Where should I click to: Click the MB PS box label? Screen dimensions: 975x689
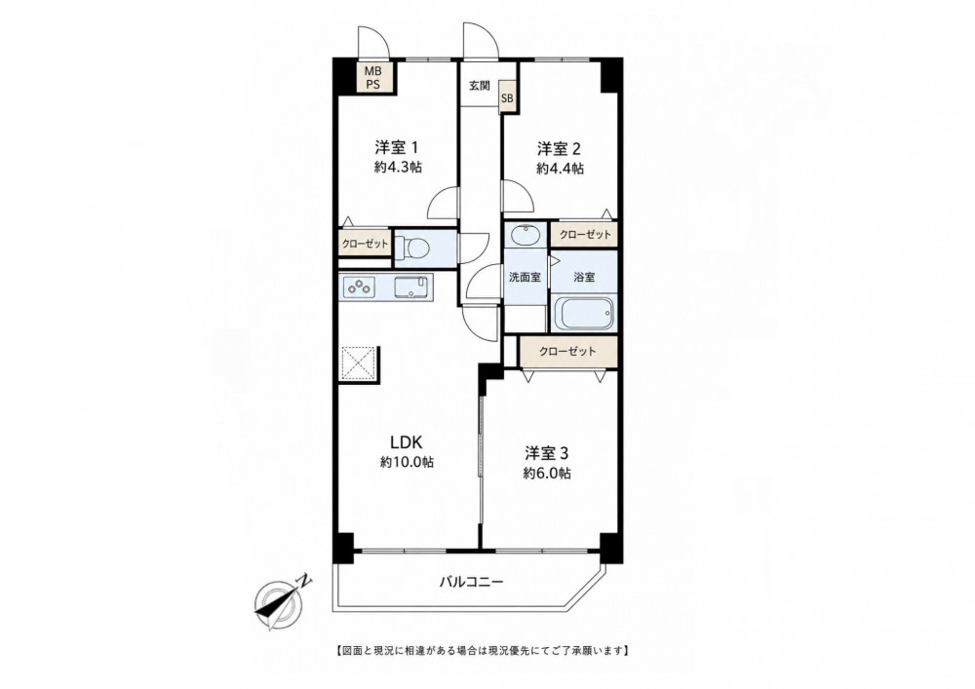tap(372, 78)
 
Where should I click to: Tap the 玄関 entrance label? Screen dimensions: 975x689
tap(479, 86)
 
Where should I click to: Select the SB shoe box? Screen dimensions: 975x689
tap(507, 98)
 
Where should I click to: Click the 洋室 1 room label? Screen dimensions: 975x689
tap(396, 148)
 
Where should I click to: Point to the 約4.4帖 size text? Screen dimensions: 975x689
tap(561, 168)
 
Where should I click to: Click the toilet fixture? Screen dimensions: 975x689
tap(412, 248)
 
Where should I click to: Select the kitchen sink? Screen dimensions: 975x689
tap(411, 287)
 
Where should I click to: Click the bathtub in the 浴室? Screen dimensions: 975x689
tap(584, 315)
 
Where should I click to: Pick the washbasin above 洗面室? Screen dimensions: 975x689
tap(526, 236)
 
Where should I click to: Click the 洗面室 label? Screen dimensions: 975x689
tap(525, 277)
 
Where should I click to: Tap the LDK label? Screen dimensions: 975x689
tap(406, 442)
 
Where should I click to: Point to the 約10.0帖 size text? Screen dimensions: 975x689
tap(408, 462)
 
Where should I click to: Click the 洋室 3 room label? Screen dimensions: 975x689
tap(547, 452)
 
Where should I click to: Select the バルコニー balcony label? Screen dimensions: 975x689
tap(471, 582)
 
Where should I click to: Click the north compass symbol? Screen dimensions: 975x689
tap(281, 599)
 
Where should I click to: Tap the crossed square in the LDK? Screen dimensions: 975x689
tap(358, 363)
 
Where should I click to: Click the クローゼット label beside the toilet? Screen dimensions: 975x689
tap(365, 244)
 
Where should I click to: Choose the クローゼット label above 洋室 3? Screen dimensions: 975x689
tap(567, 351)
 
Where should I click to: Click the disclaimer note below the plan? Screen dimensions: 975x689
tap(483, 651)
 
